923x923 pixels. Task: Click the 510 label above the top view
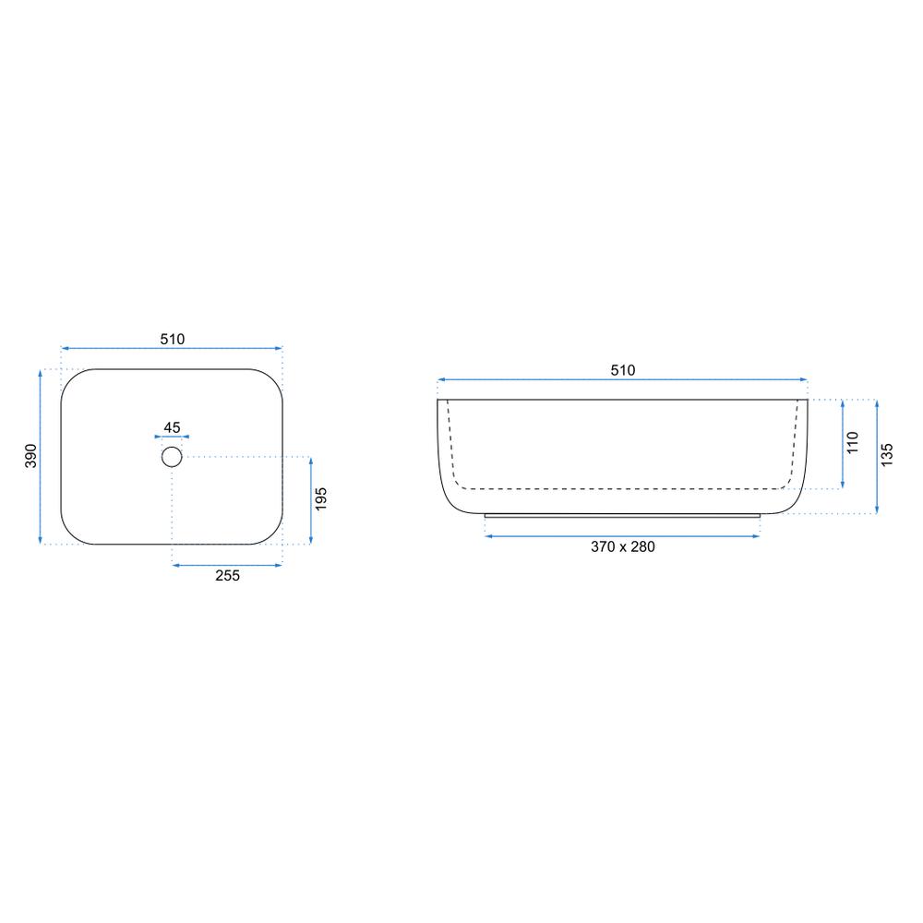[x=172, y=339]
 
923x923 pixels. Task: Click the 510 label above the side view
[x=623, y=370]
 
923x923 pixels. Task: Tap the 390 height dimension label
[x=30, y=456]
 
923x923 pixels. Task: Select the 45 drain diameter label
[x=172, y=427]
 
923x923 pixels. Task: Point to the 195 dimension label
[x=321, y=499]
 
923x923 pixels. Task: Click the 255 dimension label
[x=227, y=576]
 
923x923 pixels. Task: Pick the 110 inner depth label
[x=853, y=443]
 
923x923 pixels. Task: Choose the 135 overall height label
[x=887, y=455]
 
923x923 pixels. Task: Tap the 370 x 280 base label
[x=623, y=546]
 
